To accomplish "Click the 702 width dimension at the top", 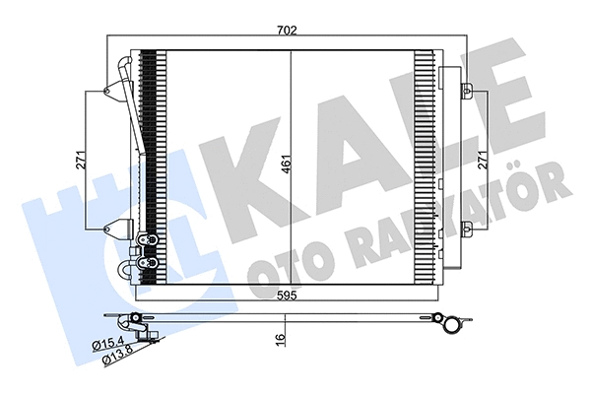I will (x=286, y=30).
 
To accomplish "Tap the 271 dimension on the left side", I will (x=85, y=160).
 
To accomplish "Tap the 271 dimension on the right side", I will (x=484, y=160).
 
